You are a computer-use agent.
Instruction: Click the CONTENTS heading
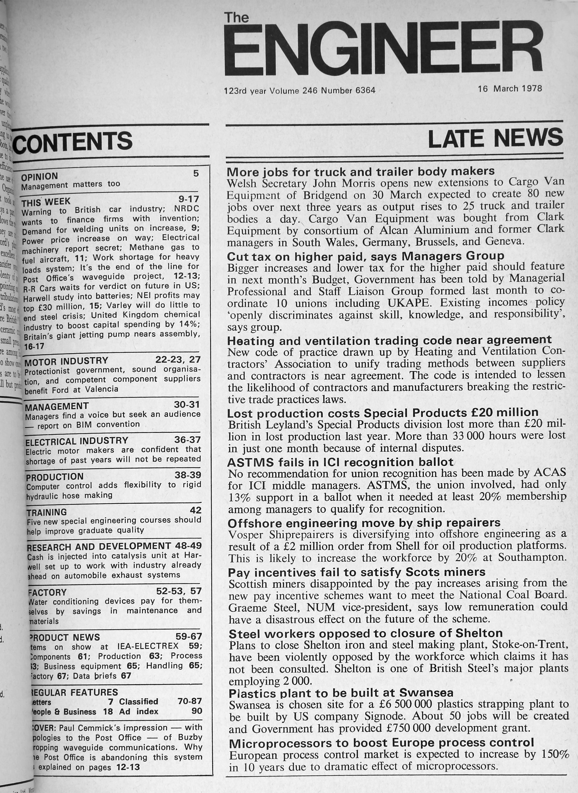[x=74, y=141]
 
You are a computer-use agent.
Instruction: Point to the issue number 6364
[x=365, y=90]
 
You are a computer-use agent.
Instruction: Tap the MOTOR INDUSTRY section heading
[x=67, y=360]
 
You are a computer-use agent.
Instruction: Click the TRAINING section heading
[x=47, y=512]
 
